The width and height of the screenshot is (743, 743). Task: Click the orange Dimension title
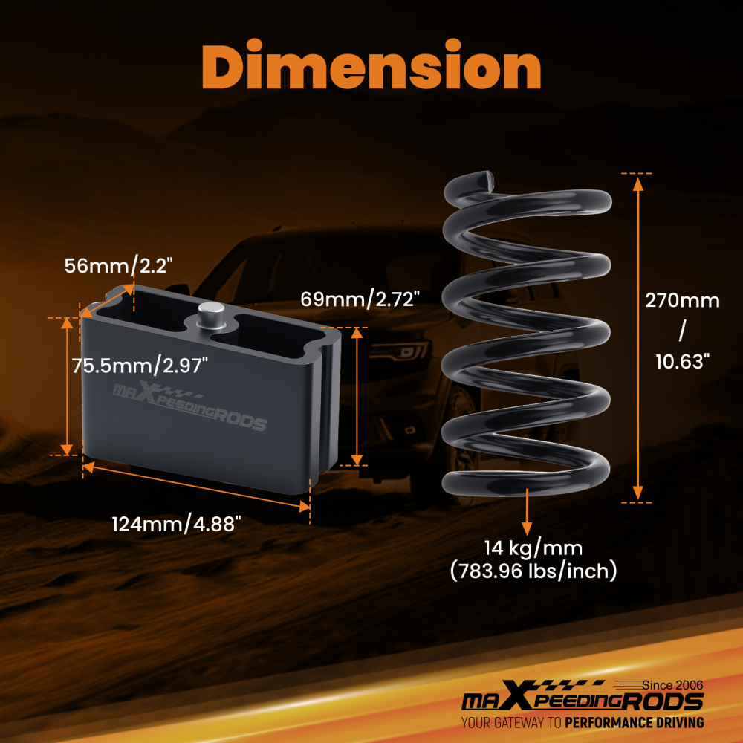[x=371, y=65]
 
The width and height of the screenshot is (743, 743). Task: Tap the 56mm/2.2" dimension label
[x=118, y=266]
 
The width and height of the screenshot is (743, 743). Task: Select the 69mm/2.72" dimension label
[x=360, y=299]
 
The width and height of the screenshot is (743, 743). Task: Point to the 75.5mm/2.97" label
[x=140, y=366]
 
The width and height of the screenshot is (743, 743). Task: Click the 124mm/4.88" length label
[x=176, y=525]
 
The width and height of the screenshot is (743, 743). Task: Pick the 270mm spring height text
[x=682, y=301]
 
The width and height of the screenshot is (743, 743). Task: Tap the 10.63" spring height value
[x=683, y=362]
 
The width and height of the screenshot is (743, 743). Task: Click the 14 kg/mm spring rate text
[x=533, y=548]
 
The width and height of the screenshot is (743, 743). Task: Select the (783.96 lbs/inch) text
[x=533, y=571]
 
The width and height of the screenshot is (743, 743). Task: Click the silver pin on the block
[x=211, y=316]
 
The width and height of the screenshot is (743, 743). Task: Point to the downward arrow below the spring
[x=527, y=512]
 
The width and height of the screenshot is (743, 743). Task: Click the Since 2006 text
[x=672, y=685]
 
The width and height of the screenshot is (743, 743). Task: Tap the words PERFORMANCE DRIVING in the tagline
[x=635, y=723]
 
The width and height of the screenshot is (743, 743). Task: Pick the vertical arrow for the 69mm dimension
[x=357, y=397]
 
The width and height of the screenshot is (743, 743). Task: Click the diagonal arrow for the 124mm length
[x=196, y=487]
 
